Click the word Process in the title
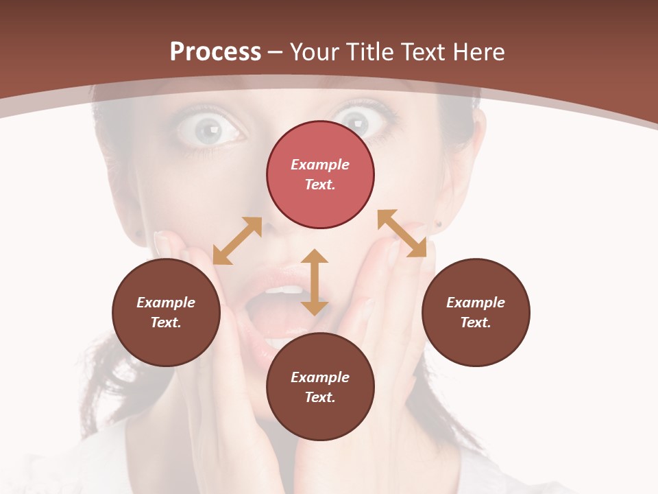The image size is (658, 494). [215, 52]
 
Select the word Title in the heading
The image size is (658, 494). [370, 52]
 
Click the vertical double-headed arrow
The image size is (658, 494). [315, 282]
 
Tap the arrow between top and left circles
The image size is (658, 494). [238, 240]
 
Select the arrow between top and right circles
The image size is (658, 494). [402, 233]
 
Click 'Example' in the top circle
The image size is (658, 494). [320, 165]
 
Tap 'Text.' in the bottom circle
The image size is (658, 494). [320, 397]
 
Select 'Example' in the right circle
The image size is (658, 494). [476, 303]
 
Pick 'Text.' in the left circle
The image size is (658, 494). [166, 322]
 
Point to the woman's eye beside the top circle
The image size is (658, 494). [356, 123]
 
